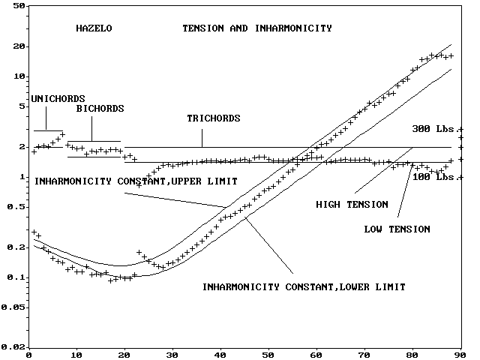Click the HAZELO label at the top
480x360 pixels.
click(94, 28)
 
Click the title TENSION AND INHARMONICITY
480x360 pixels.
click(257, 28)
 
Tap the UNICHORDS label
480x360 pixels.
click(58, 99)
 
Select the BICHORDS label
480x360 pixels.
click(100, 109)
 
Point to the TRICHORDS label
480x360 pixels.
click(213, 118)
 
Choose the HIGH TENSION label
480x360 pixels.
click(352, 204)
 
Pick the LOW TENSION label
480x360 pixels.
click(397, 229)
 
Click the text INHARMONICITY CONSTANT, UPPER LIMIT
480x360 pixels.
click(136, 181)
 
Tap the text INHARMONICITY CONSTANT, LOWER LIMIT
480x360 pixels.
click(304, 287)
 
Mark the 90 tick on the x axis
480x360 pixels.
click(461, 354)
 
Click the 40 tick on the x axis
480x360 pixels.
click(220, 354)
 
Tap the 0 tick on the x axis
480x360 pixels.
click(28, 354)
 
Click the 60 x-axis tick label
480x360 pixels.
click(316, 354)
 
